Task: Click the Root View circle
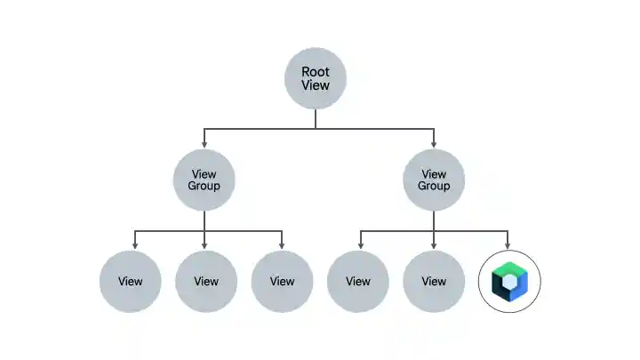point(315,78)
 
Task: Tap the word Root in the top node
point(315,72)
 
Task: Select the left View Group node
point(204,180)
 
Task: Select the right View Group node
point(434,180)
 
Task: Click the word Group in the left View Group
point(204,187)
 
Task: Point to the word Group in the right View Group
point(434,187)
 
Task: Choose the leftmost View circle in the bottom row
point(130,282)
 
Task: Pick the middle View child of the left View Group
point(205,282)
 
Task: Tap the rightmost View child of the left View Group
point(282,282)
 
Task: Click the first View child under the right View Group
point(357,282)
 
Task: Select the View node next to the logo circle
point(434,282)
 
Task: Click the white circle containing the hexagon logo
point(509,282)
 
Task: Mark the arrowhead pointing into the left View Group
point(204,145)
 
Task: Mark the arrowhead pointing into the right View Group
point(434,145)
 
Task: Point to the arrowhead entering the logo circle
point(509,246)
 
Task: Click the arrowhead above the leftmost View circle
point(135,246)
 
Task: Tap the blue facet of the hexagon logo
point(520,286)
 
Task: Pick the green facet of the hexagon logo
point(503,270)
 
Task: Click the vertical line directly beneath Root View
point(315,119)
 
